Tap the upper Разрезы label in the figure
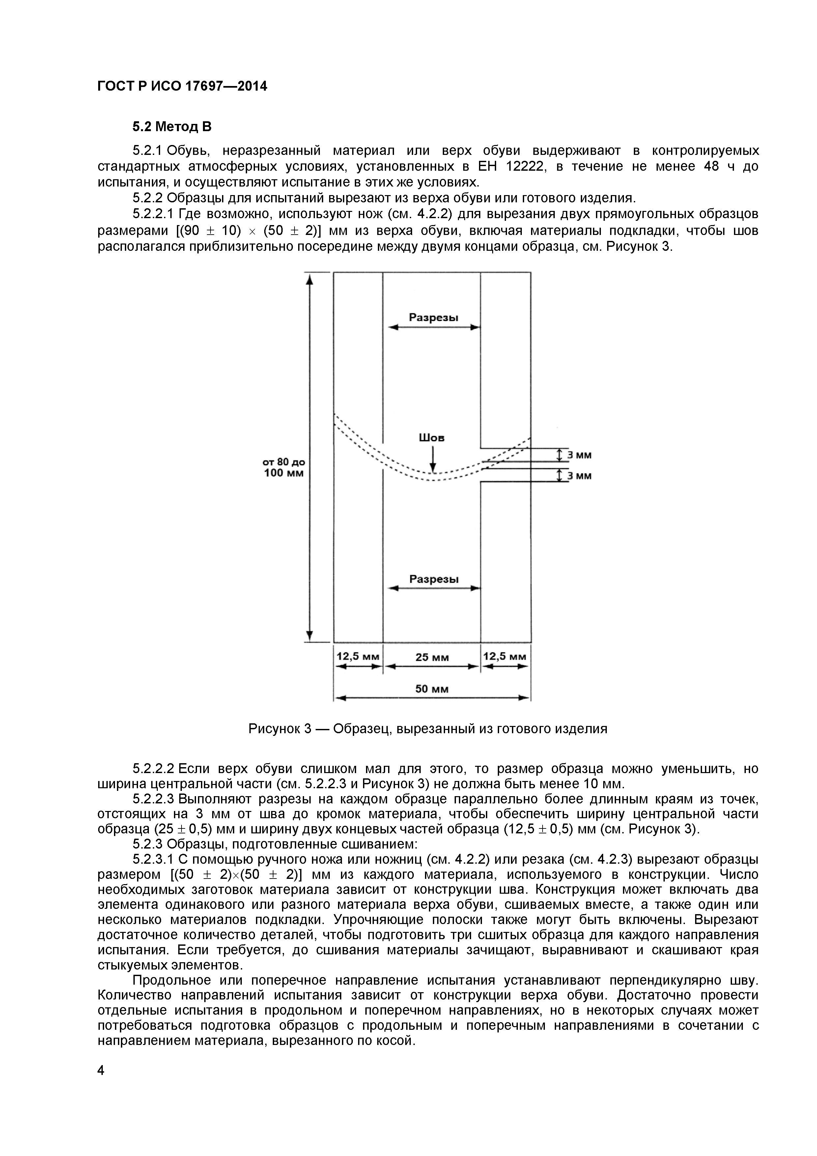pos(434,318)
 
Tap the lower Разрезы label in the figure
pos(434,579)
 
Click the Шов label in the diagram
pos(432,438)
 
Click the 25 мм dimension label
pos(432,657)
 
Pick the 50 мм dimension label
pos(432,689)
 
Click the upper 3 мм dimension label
pos(579,455)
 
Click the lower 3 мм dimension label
pos(579,476)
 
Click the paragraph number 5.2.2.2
pos(153,769)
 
